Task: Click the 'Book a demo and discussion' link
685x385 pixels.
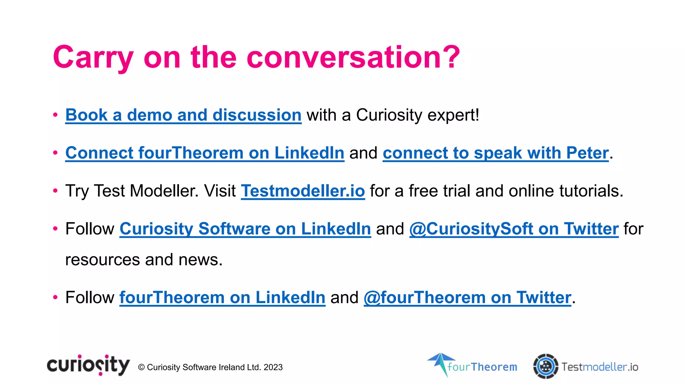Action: pos(183,115)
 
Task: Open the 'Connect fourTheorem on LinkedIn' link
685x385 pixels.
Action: pos(205,153)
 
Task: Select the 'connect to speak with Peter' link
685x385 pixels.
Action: pos(495,153)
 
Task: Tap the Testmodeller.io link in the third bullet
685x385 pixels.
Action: pos(303,191)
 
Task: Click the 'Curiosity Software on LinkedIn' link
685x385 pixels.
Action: pos(245,229)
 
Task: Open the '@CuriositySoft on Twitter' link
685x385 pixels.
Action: pos(514,229)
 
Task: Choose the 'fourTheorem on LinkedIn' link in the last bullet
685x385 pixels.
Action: pos(222,297)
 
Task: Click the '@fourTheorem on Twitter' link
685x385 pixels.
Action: pos(467,297)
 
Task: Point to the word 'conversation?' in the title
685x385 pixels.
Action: pos(353,57)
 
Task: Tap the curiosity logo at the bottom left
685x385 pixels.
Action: pos(88,365)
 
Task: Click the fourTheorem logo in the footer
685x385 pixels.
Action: pos(472,366)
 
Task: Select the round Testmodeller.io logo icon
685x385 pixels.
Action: pos(546,366)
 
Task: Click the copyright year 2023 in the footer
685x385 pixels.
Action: pos(273,367)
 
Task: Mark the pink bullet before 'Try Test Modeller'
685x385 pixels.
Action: pos(55,191)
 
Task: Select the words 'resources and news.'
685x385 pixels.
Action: pos(144,260)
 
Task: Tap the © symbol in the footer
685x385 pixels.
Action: pos(141,367)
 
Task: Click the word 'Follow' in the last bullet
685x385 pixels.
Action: pos(90,297)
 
